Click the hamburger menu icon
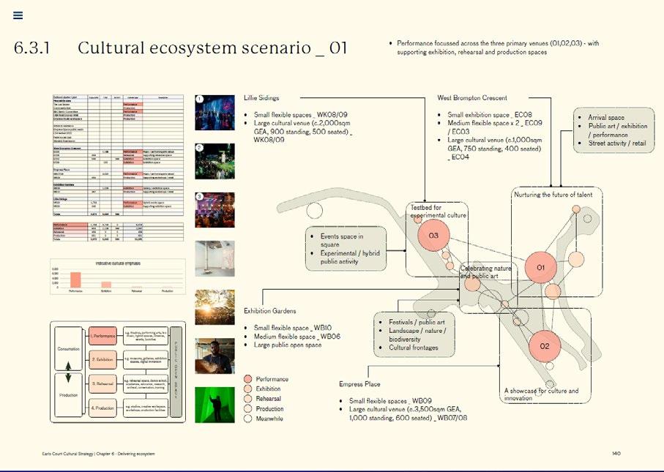tap(18, 15)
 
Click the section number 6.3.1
tap(31, 49)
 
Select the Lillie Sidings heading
tap(261, 97)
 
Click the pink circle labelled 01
tap(541, 268)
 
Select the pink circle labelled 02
tap(544, 346)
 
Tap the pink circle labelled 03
tap(433, 236)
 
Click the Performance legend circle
tap(247, 379)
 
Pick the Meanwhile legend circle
tap(247, 419)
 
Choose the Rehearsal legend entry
tap(269, 399)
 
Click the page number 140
tap(616, 454)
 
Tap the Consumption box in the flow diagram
tap(68, 349)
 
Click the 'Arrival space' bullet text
tap(606, 117)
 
